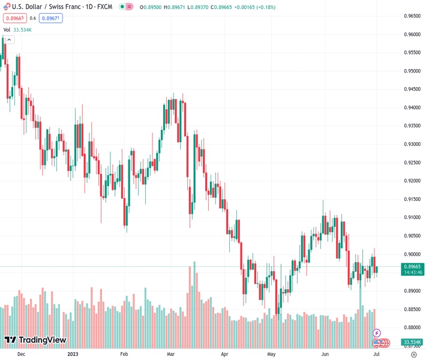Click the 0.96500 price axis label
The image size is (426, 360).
[x=412, y=16]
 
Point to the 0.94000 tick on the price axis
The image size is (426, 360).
[x=412, y=107]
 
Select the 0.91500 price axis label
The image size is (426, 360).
[x=412, y=199]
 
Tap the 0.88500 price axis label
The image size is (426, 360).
[x=412, y=309]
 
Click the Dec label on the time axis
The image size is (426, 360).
[x=22, y=354]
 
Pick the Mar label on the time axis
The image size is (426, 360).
[x=171, y=354]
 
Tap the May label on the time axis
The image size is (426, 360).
[x=271, y=354]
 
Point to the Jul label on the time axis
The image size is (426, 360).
[x=376, y=354]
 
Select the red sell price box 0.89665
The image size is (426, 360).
[x=14, y=18]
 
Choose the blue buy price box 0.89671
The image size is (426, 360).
[x=50, y=18]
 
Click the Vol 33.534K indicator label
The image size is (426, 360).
[x=17, y=29]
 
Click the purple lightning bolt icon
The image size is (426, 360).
[x=377, y=332]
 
